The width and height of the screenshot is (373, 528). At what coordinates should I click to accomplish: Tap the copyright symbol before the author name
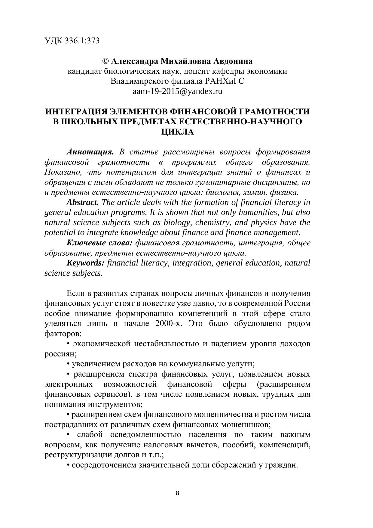coord(105,61)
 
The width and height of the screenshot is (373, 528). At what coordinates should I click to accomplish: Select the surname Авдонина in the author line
coord(233,61)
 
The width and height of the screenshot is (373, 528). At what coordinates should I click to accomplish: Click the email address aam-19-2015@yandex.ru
coord(177,91)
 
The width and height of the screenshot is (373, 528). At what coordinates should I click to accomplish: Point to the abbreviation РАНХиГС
coord(225,81)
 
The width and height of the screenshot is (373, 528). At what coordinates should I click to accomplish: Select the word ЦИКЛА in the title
coord(177,132)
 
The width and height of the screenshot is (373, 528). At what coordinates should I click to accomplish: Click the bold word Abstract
coord(83,202)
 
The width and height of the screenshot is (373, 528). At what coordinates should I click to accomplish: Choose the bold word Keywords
coord(86,263)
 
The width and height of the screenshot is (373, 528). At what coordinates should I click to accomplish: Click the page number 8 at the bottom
coord(177,493)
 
